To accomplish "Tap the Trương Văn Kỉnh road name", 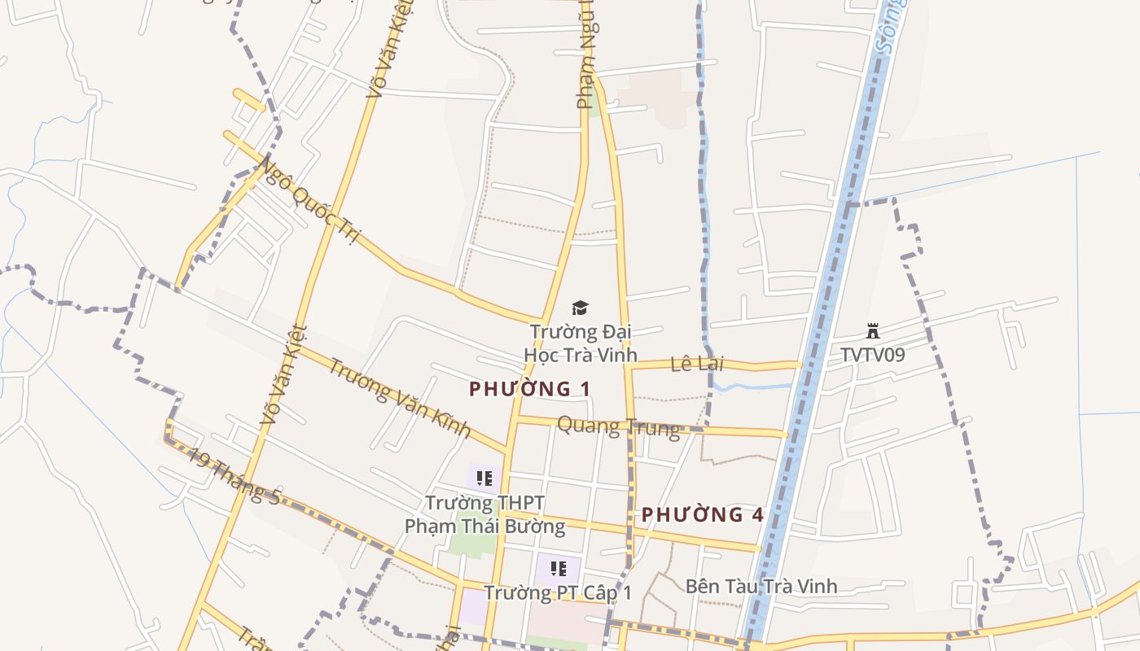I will [x=399, y=397].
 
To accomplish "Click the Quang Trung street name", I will [x=618, y=426].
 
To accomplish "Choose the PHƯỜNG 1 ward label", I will [x=530, y=389].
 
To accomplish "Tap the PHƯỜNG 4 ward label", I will [x=703, y=514].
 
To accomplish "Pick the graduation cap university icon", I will [x=580, y=308].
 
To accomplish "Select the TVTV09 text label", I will [x=873, y=355].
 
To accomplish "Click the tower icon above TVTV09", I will [x=873, y=330].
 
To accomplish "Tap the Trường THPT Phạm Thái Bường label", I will [x=484, y=514].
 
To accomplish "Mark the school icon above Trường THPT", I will [x=484, y=478].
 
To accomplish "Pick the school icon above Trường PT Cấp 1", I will [x=558, y=569].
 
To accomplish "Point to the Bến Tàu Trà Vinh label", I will [x=761, y=586].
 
